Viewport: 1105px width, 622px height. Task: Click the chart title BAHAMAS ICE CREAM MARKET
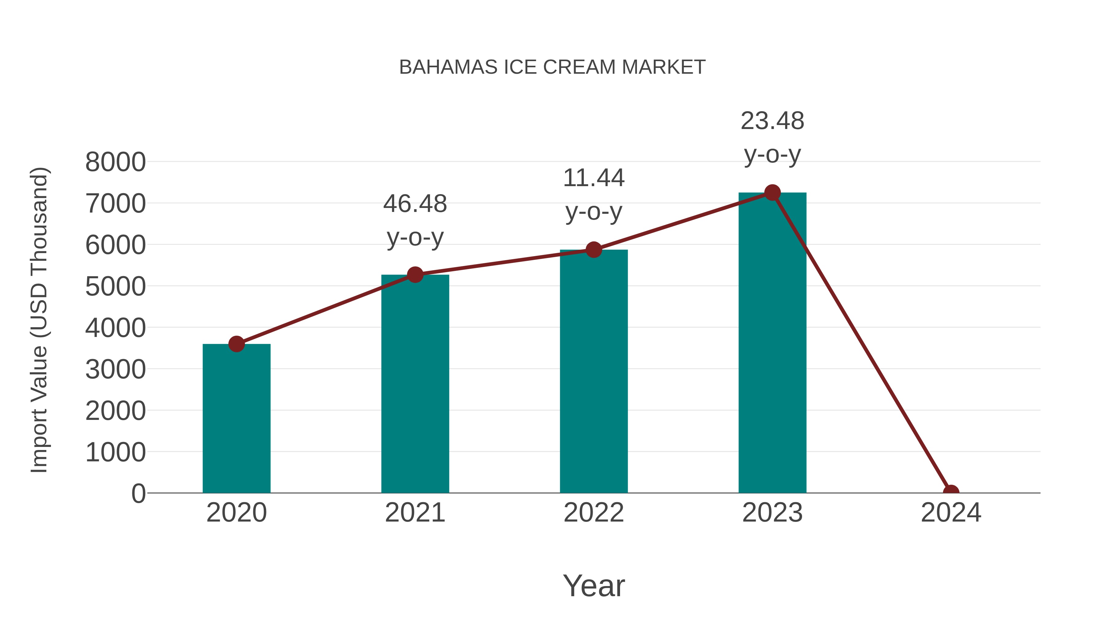(552, 67)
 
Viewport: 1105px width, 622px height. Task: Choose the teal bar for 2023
(772, 343)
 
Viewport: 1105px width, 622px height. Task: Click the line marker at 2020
(236, 344)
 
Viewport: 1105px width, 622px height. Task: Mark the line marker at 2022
(594, 249)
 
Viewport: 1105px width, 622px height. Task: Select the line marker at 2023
(772, 193)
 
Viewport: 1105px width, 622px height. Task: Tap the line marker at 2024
(951, 492)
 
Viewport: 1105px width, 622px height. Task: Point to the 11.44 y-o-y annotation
(594, 194)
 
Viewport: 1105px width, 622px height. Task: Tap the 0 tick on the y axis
(138, 494)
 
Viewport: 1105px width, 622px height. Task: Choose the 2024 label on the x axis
(951, 513)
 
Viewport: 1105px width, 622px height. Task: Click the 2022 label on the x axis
(594, 513)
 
